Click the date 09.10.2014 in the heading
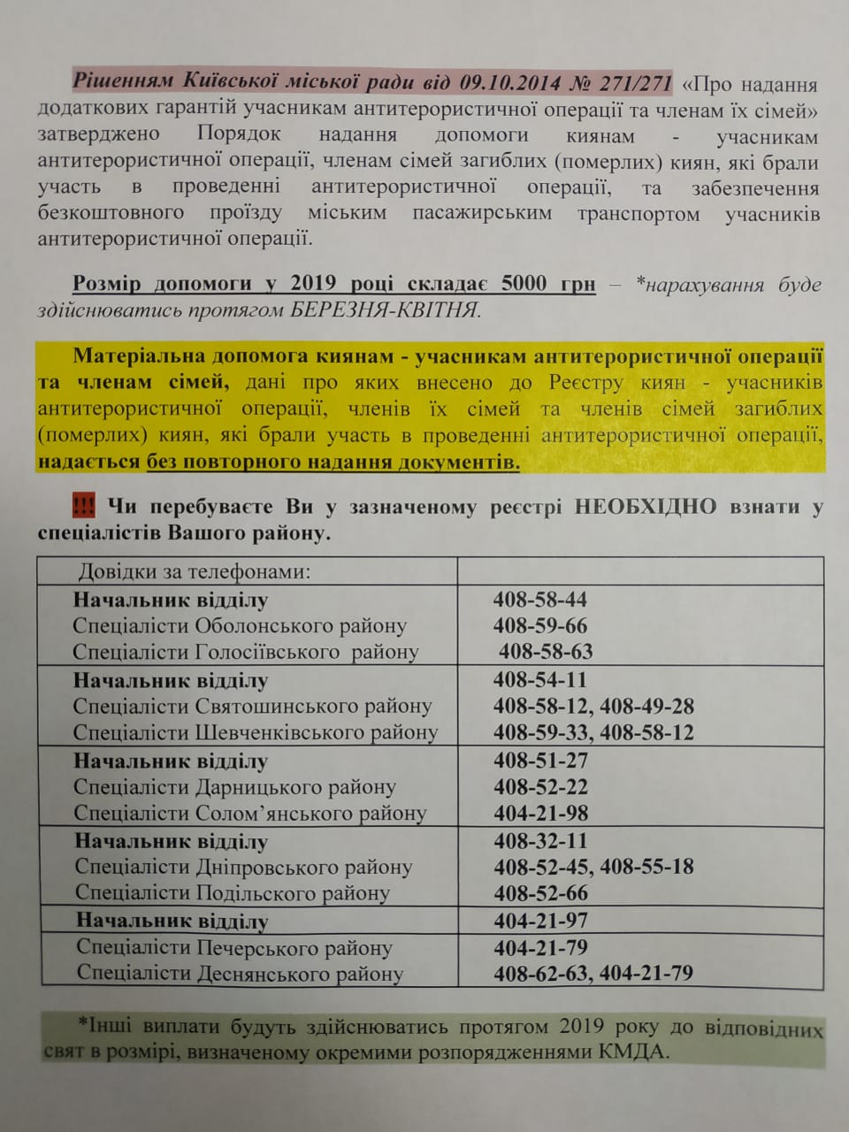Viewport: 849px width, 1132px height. pos(505,82)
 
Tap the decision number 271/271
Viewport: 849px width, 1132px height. pos(635,82)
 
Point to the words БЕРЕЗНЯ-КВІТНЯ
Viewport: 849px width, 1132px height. pos(385,310)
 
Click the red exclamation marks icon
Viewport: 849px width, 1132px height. pos(85,506)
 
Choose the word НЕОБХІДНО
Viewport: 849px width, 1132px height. pos(645,506)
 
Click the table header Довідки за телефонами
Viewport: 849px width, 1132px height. pos(195,571)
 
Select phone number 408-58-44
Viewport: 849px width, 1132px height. pos(539,600)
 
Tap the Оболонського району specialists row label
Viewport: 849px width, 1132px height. pos(240,626)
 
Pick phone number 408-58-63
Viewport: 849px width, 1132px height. pos(546,652)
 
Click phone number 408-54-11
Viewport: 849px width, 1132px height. pos(539,680)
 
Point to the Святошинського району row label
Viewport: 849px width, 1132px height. pos(252,707)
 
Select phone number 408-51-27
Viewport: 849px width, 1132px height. pos(540,761)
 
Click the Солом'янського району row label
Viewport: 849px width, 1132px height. pos(249,813)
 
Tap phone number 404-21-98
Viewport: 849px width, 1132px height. pos(540,813)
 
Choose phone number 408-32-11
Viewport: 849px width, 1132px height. pos(540,841)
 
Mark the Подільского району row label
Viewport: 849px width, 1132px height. pos(232,893)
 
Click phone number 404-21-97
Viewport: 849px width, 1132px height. pos(540,921)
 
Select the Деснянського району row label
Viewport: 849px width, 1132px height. pos(240,974)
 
